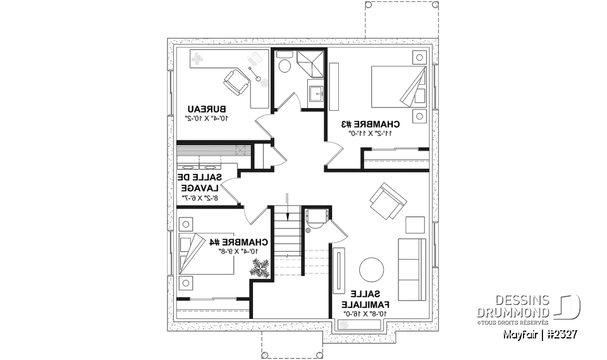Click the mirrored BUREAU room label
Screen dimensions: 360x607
tap(207, 108)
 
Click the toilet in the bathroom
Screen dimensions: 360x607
tap(284, 65)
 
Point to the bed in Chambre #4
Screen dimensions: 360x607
tap(201, 252)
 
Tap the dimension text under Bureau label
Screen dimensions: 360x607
tap(206, 118)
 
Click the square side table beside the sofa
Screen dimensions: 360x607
tap(415, 225)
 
